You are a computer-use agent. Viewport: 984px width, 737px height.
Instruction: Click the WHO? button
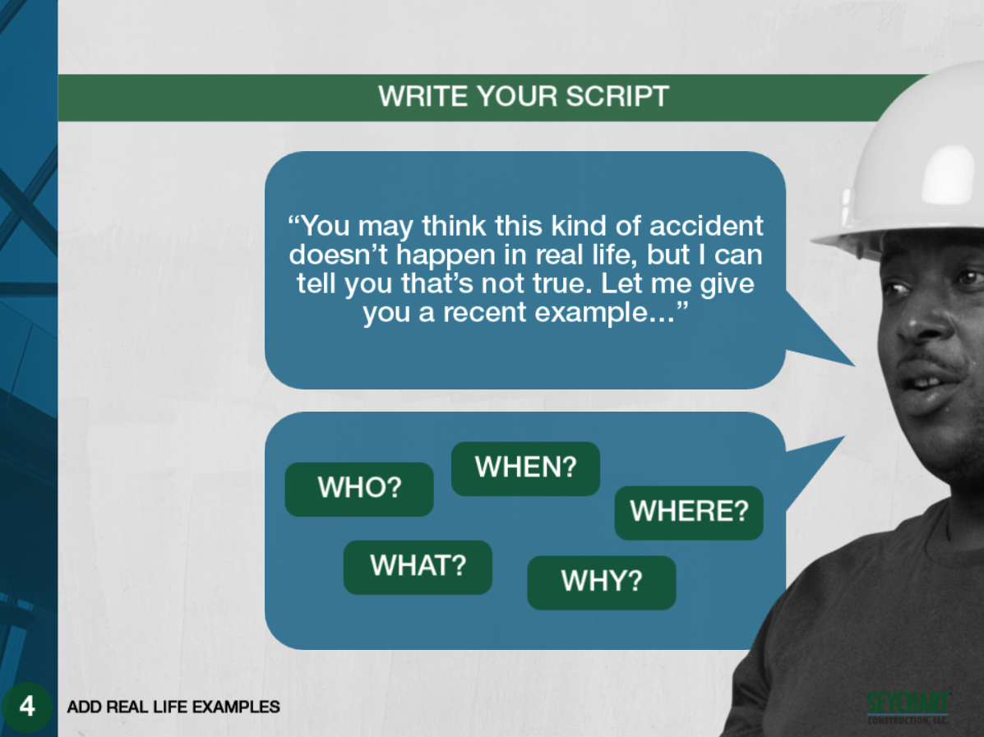pyautogui.click(x=359, y=489)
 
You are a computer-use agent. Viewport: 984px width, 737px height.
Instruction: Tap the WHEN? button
pyautogui.click(x=525, y=468)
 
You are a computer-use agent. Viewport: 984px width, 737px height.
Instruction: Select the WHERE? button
pyautogui.click(x=688, y=513)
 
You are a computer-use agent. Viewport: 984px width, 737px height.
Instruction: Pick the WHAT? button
pyautogui.click(x=418, y=567)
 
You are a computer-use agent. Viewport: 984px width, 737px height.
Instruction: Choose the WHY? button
pyautogui.click(x=601, y=582)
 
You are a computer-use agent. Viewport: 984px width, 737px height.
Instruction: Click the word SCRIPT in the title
pyautogui.click(x=617, y=97)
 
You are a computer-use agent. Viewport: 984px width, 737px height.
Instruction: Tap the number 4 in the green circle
pyautogui.click(x=27, y=707)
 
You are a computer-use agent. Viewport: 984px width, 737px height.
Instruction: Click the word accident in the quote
pyautogui.click(x=706, y=226)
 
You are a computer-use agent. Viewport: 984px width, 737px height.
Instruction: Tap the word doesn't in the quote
pyautogui.click(x=339, y=255)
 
